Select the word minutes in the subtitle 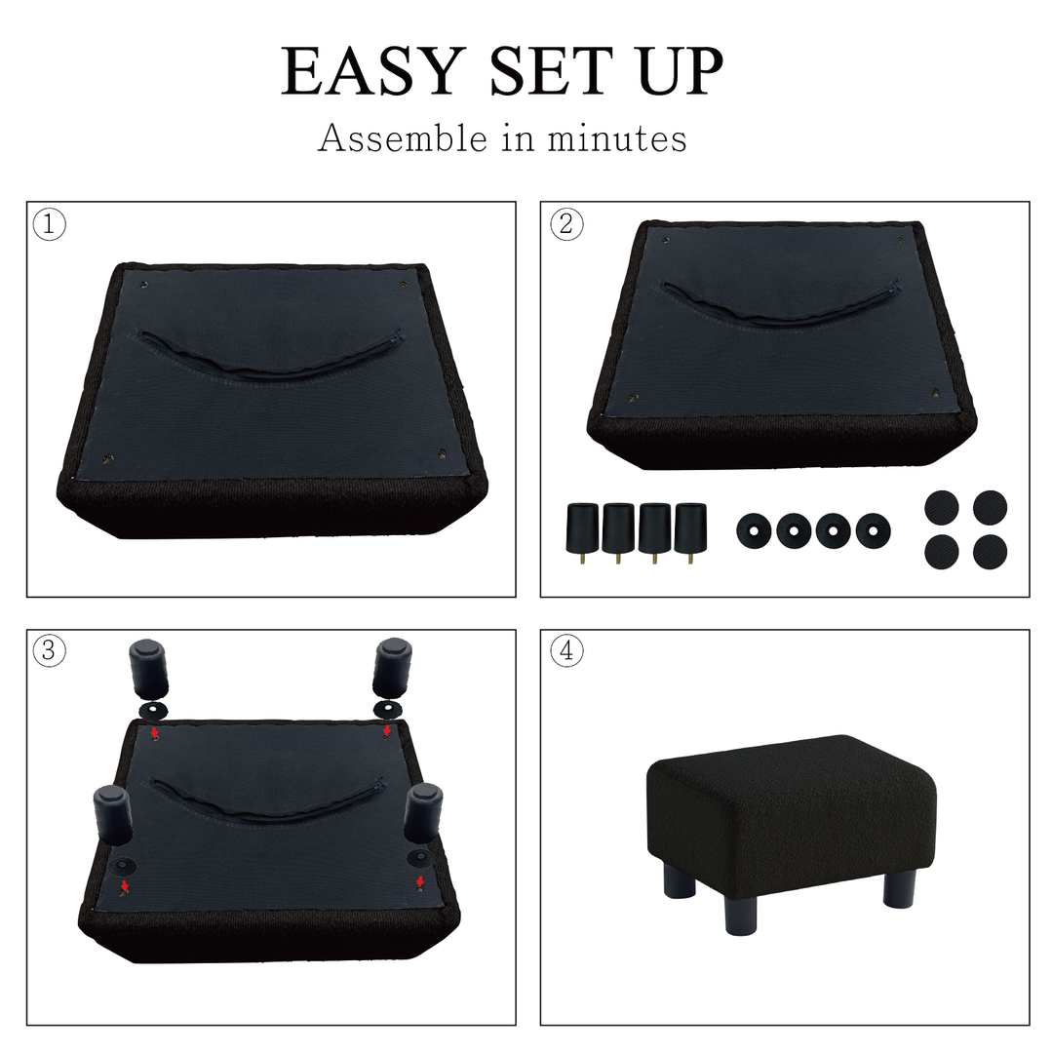[x=617, y=139]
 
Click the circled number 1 [x=50, y=224]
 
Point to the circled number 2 [x=566, y=223]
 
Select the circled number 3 [x=49, y=650]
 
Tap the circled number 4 [x=566, y=650]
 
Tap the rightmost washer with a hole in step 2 [x=873, y=530]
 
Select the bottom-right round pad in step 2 [x=991, y=551]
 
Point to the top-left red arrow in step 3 [x=154, y=731]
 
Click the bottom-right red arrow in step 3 [x=420, y=881]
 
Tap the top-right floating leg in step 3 [x=393, y=669]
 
